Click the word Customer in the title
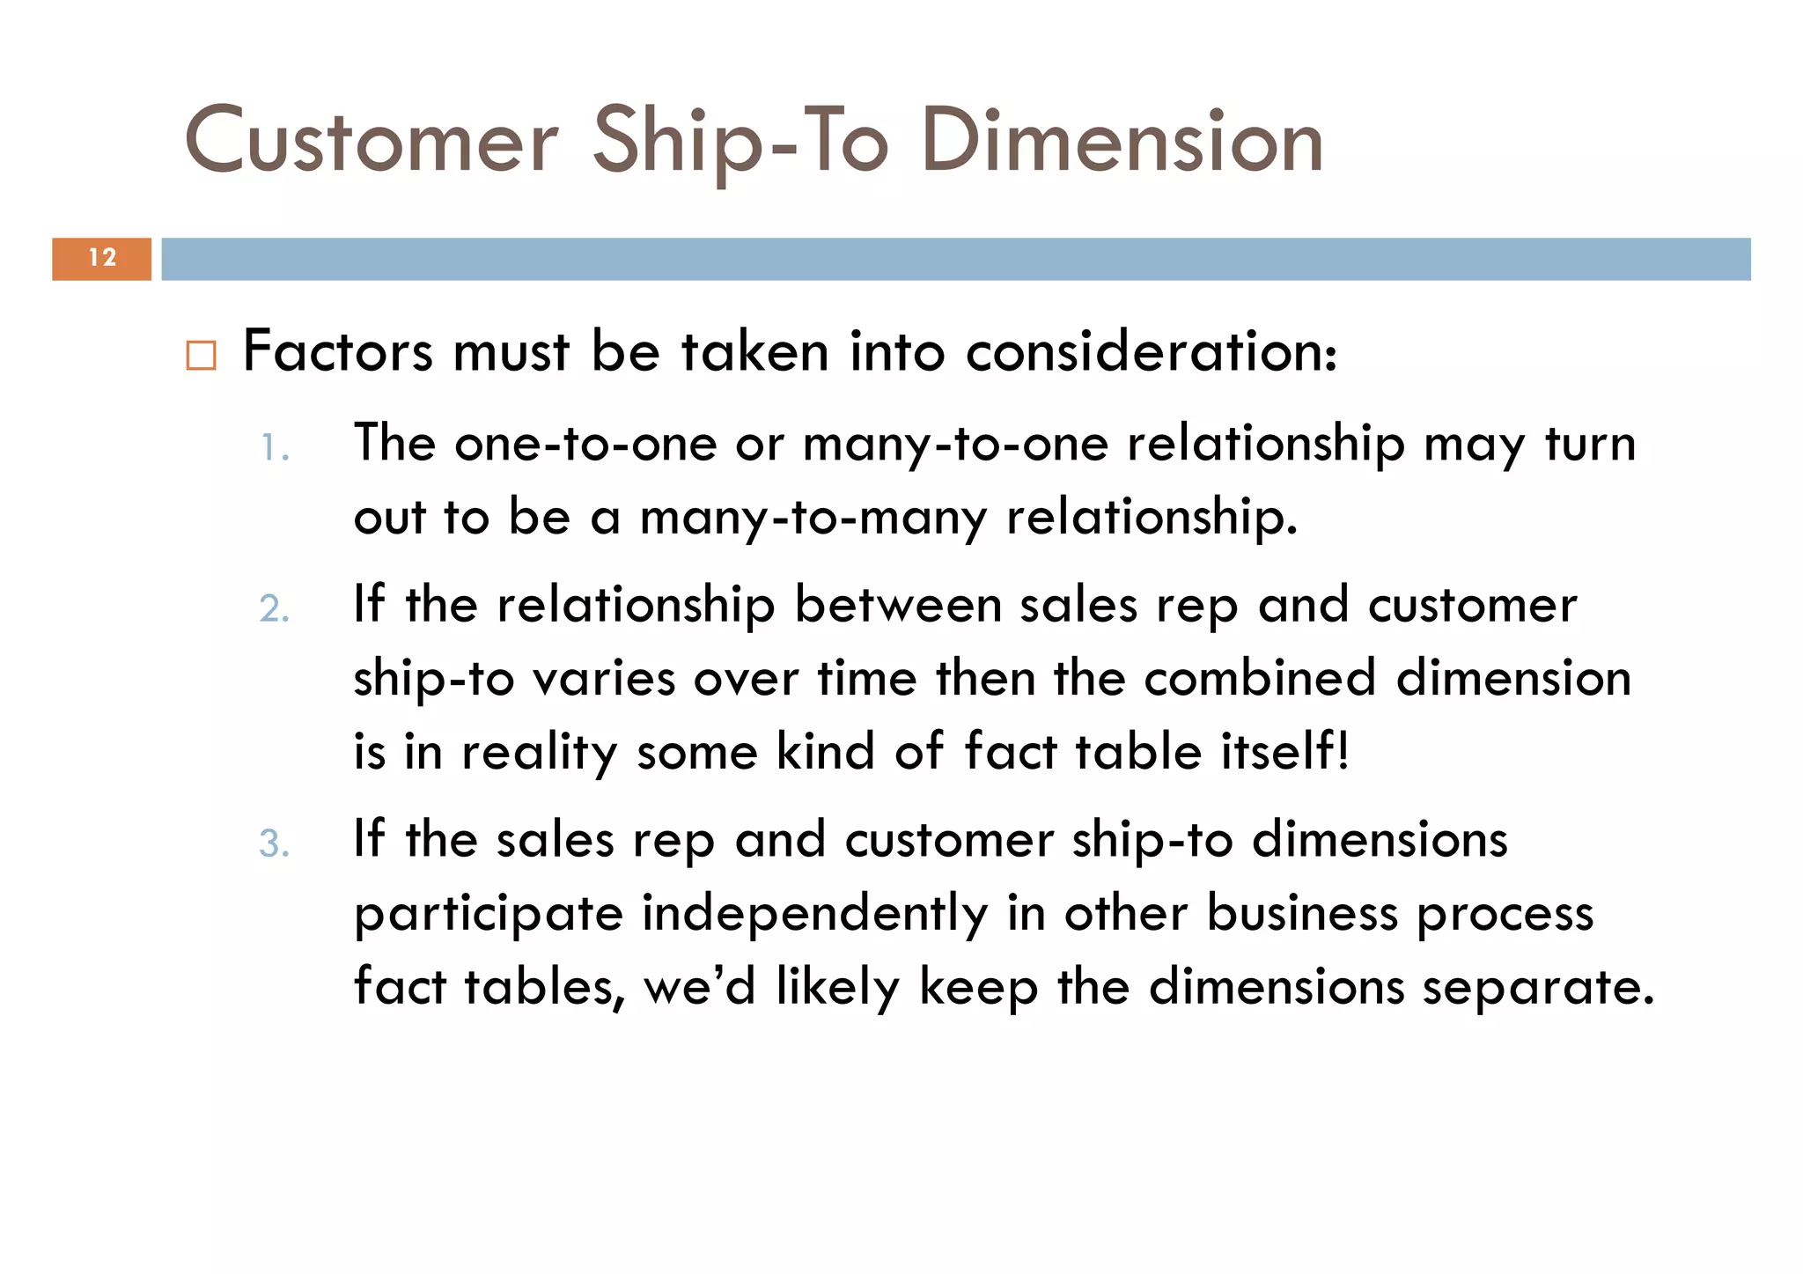coord(371,141)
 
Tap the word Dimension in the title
coord(1122,141)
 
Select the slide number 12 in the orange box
coord(102,258)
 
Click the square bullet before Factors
coord(201,355)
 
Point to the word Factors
coord(337,351)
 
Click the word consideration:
coord(1151,351)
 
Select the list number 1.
coord(274,449)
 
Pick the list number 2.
coord(274,609)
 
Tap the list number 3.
coord(274,843)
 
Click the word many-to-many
coord(813,517)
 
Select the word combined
coord(1259,678)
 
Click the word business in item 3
coord(1301,913)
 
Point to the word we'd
coord(700,986)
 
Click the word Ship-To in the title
coord(740,141)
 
